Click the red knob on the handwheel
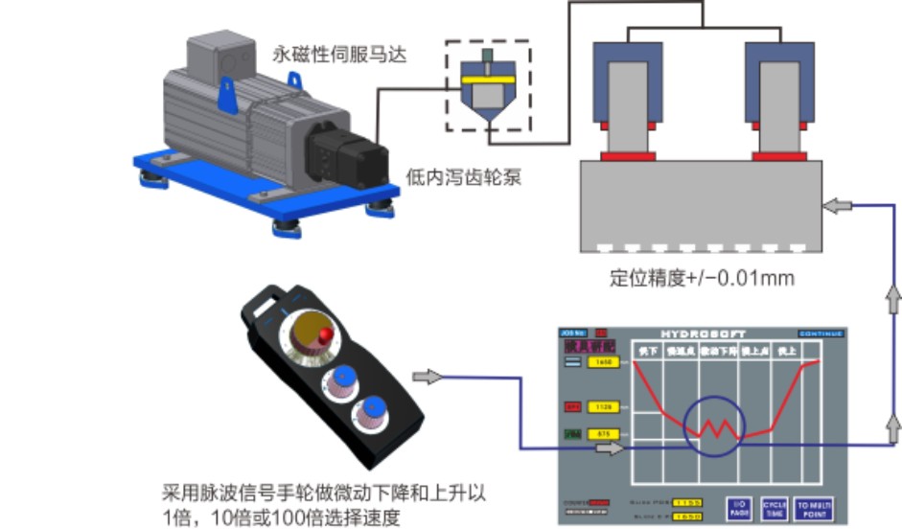click(x=328, y=335)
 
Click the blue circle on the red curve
click(x=714, y=426)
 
